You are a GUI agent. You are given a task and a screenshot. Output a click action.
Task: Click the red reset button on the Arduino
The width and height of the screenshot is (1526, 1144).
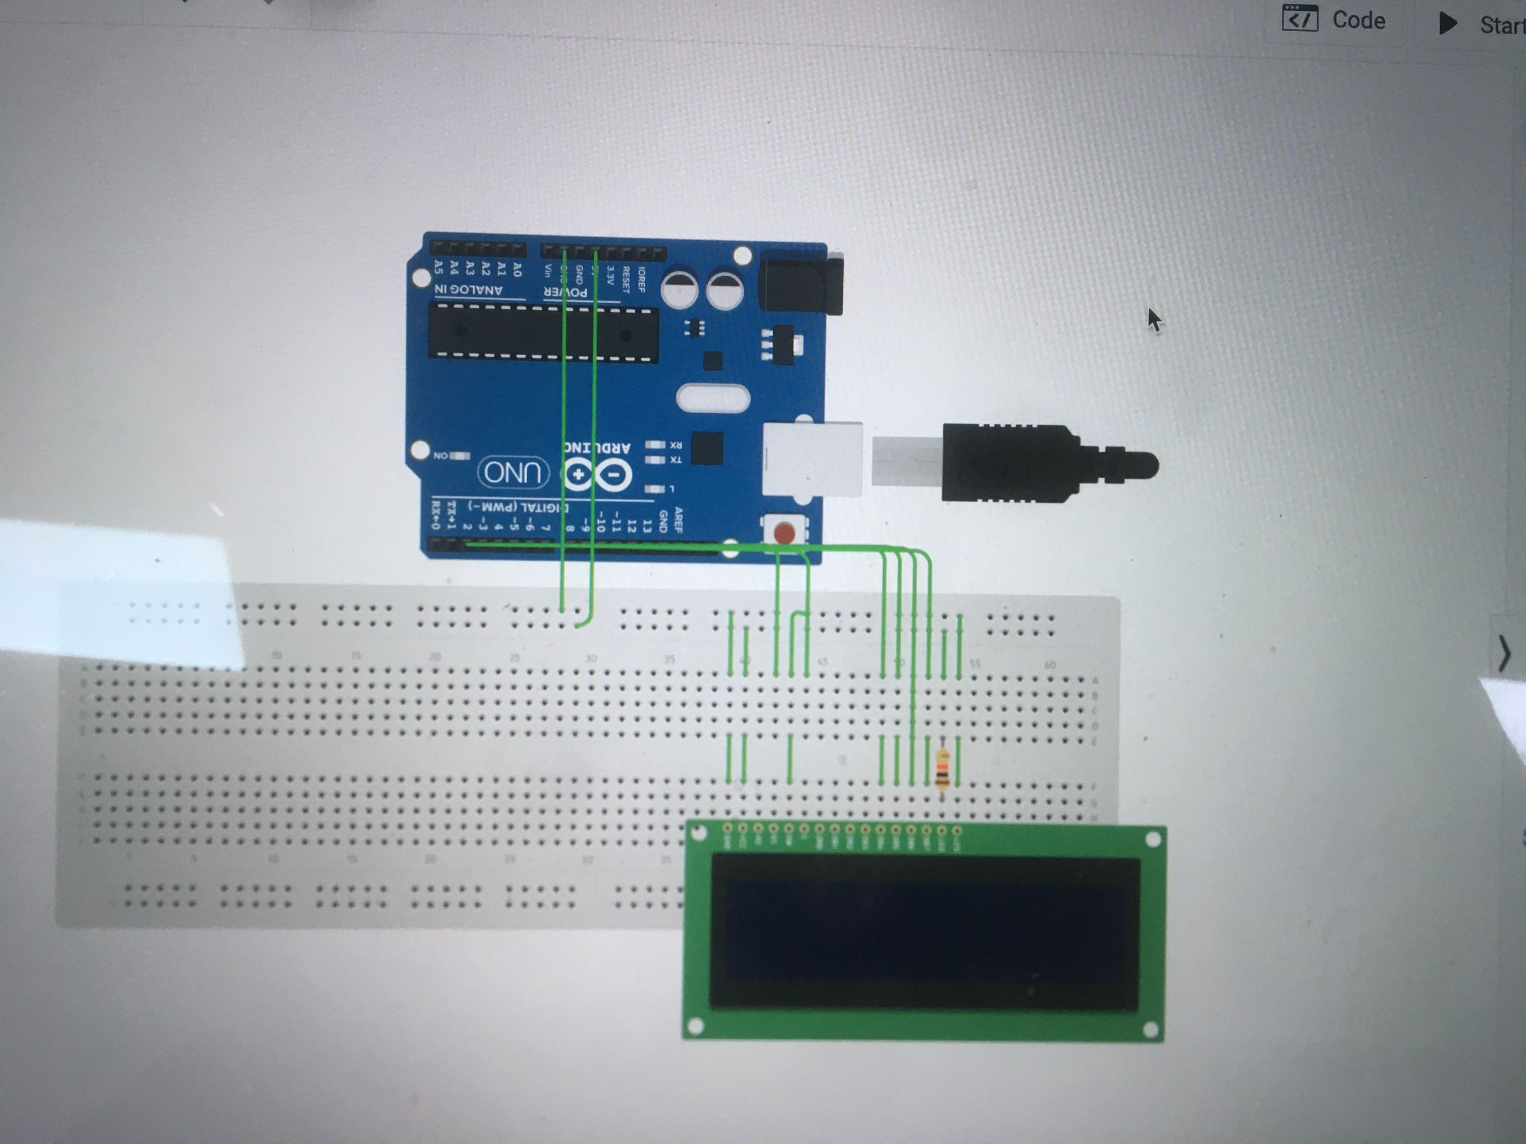pyautogui.click(x=785, y=533)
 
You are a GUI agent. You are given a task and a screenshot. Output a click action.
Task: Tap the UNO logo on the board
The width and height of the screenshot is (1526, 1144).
pyautogui.click(x=513, y=473)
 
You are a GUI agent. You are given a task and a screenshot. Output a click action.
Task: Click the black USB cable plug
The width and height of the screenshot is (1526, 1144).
pyautogui.click(x=1035, y=462)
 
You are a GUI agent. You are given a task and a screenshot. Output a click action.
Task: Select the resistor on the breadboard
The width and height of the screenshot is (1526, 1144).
pyautogui.click(x=942, y=769)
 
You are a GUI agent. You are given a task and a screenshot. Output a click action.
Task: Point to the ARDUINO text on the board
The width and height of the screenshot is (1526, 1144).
pyautogui.click(x=598, y=447)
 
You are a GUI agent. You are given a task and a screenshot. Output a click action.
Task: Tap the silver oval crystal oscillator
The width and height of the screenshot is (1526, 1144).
pyautogui.click(x=713, y=398)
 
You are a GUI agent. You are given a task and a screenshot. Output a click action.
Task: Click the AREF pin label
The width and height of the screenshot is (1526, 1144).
pyautogui.click(x=678, y=519)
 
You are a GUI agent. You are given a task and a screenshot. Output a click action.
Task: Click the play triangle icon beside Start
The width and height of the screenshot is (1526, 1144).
pyautogui.click(x=1447, y=24)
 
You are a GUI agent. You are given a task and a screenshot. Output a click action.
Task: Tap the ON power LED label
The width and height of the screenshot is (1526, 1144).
pyautogui.click(x=441, y=456)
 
